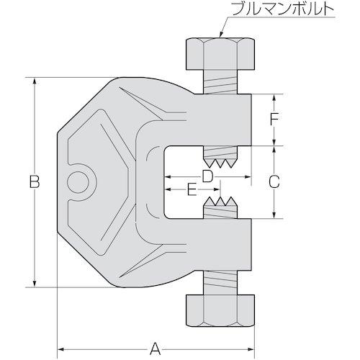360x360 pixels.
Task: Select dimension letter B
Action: (34, 183)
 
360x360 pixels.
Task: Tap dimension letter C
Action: (274, 182)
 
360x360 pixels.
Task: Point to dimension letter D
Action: (207, 175)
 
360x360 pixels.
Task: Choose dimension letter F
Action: (274, 120)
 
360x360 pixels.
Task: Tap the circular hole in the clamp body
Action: (77, 183)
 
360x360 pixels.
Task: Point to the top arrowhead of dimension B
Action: (34, 81)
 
